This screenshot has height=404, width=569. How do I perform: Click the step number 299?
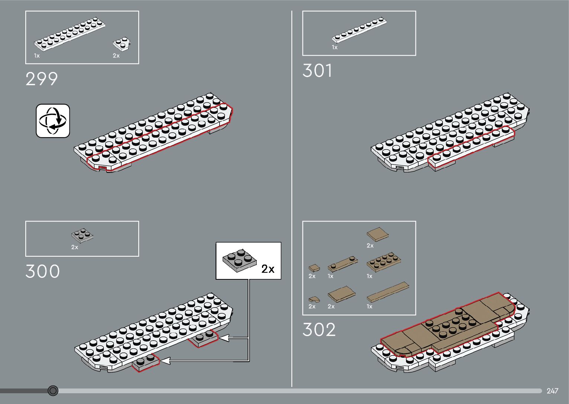[x=42, y=79]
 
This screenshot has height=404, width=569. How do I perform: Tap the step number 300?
[x=42, y=272]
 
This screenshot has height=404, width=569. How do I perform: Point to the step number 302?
[x=319, y=329]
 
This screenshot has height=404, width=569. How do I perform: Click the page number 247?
[x=552, y=391]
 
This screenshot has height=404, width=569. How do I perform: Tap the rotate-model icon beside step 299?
[x=53, y=121]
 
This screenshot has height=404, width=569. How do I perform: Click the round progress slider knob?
[x=53, y=391]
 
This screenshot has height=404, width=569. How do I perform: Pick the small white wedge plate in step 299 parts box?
[x=122, y=44]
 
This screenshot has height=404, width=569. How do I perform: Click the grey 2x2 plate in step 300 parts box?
[x=82, y=236]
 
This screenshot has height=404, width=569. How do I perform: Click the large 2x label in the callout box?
[x=268, y=269]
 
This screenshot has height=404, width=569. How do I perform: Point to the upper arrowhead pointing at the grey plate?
[x=224, y=338]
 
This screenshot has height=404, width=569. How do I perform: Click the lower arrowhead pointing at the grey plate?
[x=165, y=360]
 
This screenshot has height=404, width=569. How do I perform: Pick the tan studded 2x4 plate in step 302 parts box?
[x=384, y=262]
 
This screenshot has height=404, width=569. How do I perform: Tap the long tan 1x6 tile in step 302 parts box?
[x=388, y=292]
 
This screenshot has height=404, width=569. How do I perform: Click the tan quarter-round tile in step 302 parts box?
[x=313, y=299]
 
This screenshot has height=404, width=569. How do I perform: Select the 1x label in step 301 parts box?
[x=334, y=47]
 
